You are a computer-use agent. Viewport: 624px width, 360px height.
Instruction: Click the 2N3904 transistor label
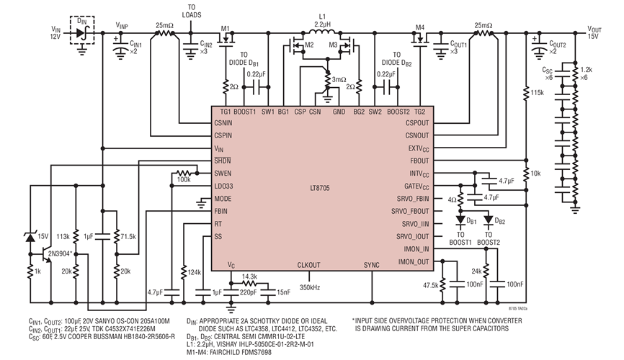(58, 253)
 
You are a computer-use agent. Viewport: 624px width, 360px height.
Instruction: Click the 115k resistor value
(535, 93)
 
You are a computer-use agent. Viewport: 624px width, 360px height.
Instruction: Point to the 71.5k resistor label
(128, 235)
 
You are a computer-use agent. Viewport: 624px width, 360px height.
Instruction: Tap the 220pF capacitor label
(249, 293)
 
